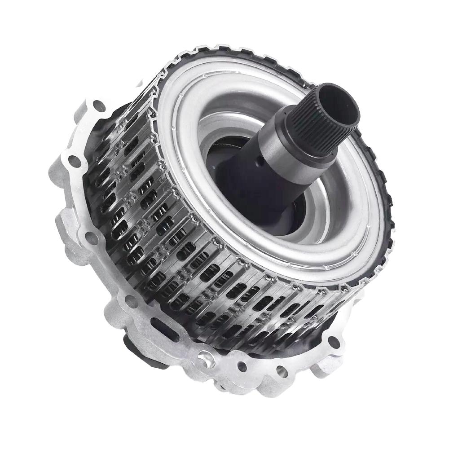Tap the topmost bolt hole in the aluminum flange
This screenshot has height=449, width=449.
[97, 107]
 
